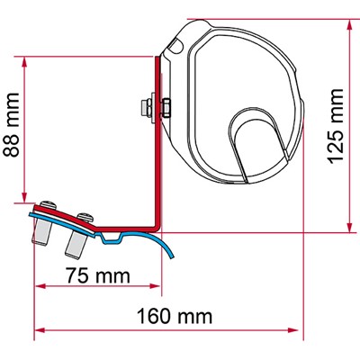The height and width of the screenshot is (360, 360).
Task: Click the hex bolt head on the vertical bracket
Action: point(144,107)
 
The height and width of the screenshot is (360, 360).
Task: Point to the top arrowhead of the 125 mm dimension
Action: point(347,22)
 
